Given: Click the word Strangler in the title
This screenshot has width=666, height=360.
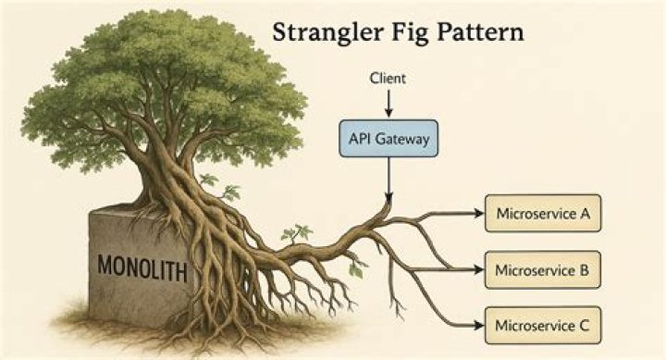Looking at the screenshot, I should pyautogui.click(x=320, y=33).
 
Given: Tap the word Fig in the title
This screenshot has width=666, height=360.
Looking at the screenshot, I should pyautogui.click(x=398, y=33).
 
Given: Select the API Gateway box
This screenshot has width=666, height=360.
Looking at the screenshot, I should pyautogui.click(x=388, y=139).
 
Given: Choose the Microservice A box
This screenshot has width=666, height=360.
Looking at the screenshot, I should pyautogui.click(x=543, y=215).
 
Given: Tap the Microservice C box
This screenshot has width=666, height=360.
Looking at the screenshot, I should pyautogui.click(x=543, y=325).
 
